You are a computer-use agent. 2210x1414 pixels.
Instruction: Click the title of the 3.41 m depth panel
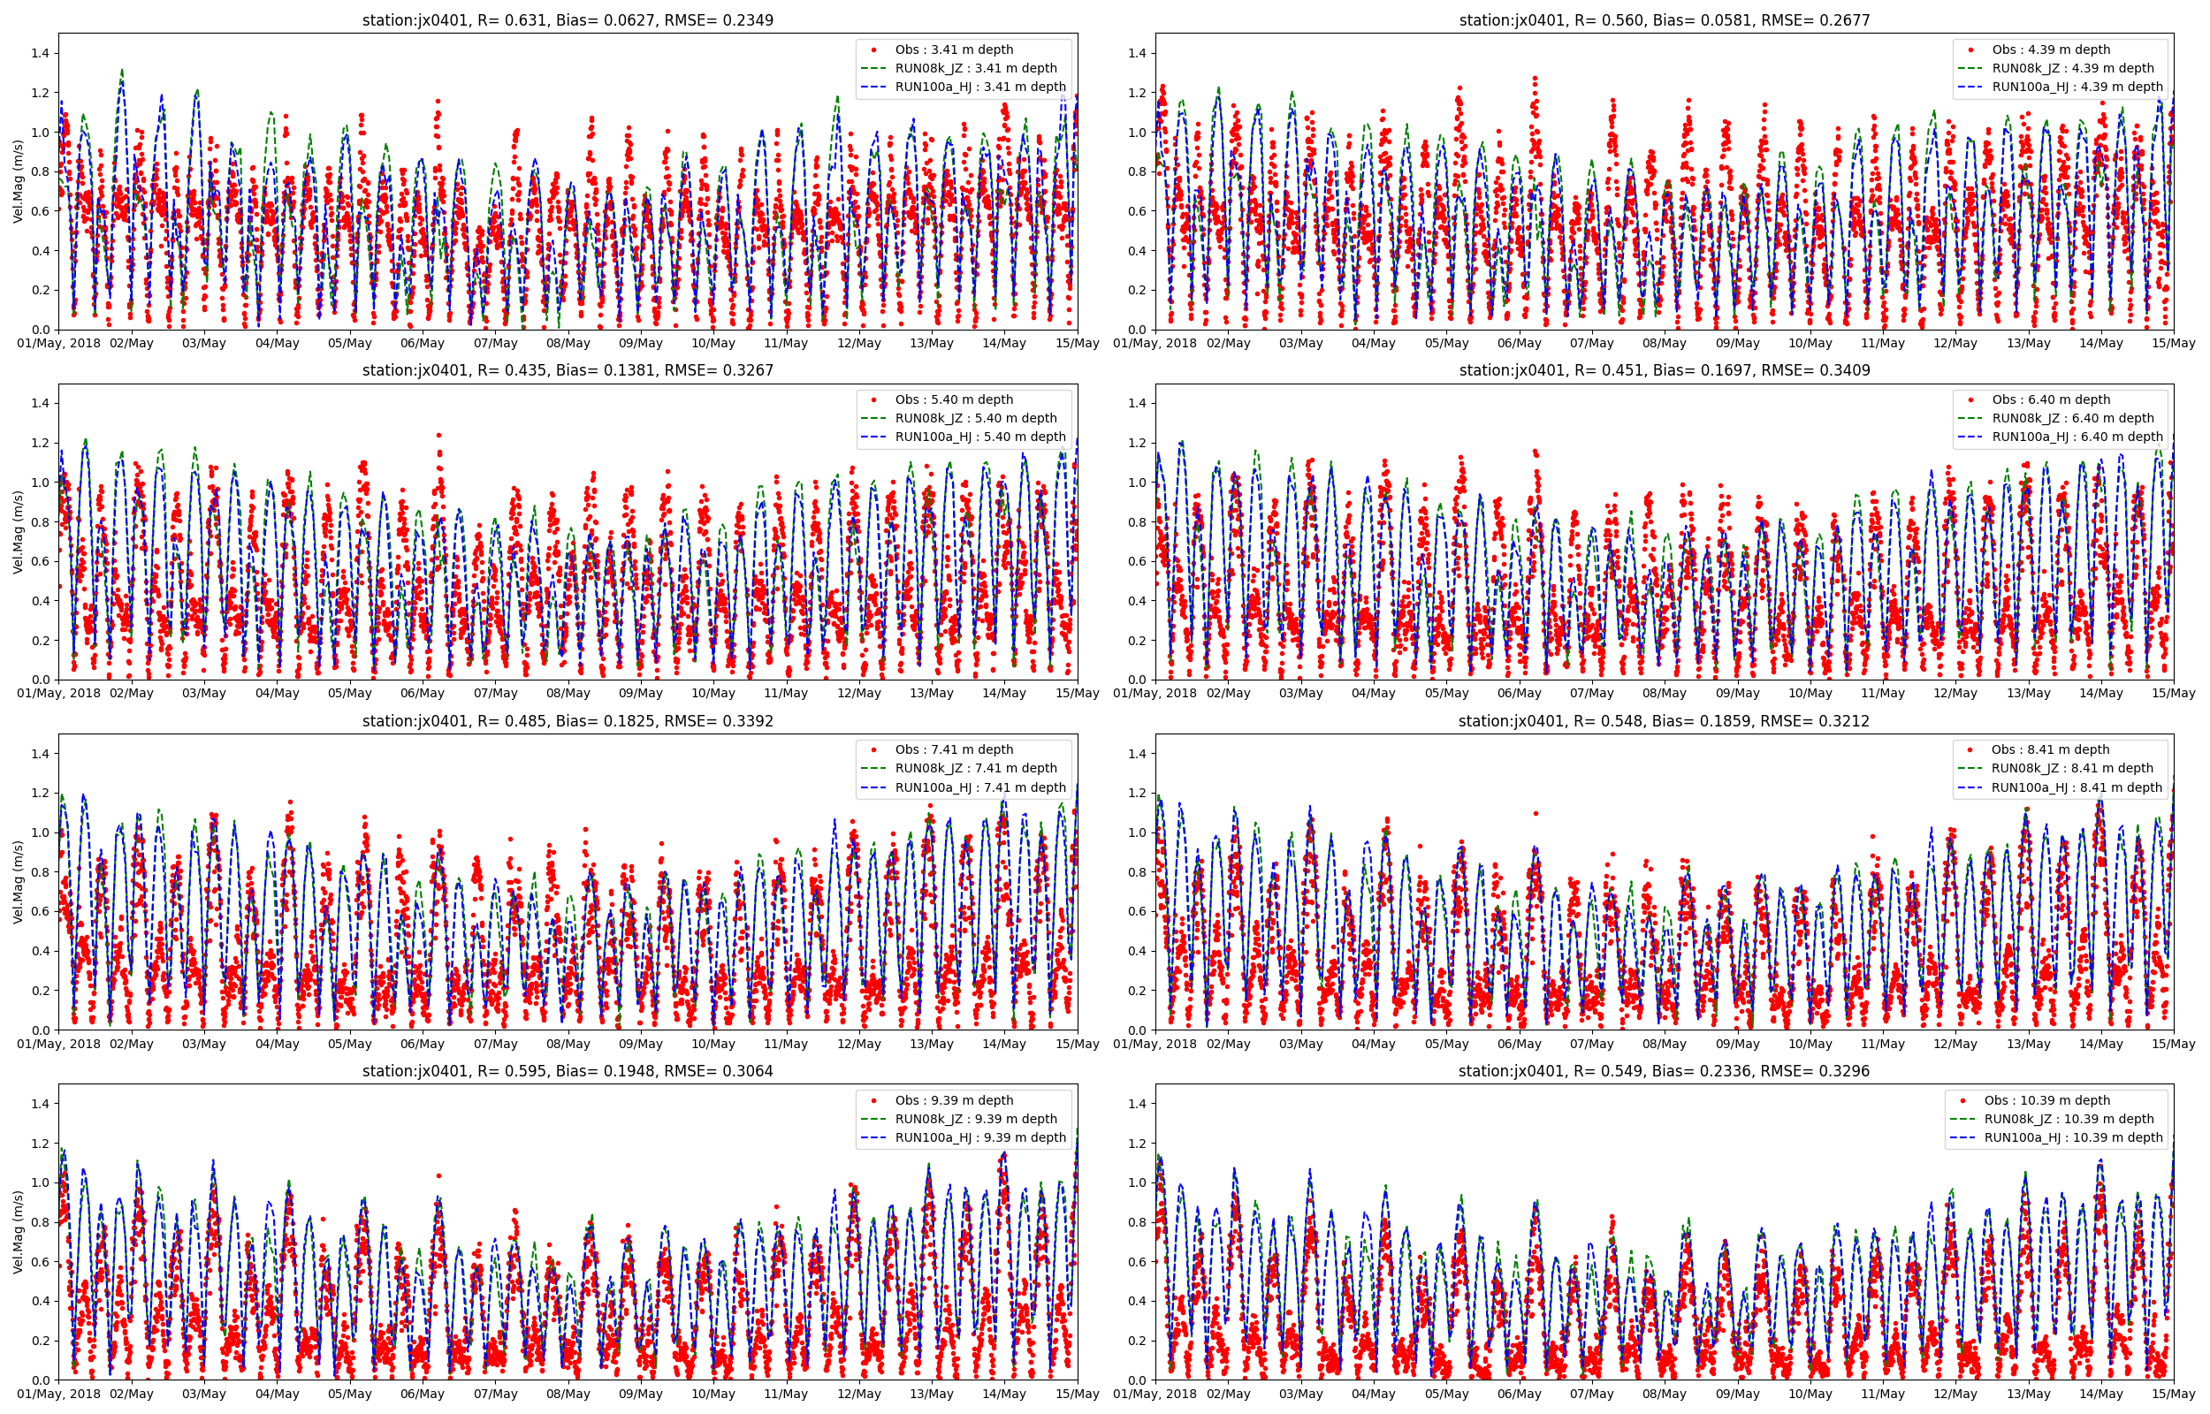coord(568,20)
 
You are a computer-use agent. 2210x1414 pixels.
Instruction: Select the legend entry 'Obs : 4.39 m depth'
coord(2050,49)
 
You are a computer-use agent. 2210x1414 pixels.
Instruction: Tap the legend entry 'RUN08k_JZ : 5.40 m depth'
coord(975,418)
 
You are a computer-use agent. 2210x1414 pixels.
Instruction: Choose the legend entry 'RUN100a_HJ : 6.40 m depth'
coord(2077,437)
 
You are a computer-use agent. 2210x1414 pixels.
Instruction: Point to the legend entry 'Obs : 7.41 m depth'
coord(954,750)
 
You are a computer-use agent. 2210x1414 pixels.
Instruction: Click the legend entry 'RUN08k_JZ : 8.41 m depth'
coord(2071,769)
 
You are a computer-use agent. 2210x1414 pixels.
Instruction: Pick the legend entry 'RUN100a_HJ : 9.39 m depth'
coord(979,1137)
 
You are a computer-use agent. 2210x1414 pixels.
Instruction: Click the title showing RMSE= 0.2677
coord(1664,20)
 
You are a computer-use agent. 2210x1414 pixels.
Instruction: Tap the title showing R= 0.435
coord(568,371)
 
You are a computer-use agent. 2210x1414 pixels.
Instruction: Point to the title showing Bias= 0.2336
coord(1664,1071)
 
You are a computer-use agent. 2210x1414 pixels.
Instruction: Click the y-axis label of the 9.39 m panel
coord(19,1232)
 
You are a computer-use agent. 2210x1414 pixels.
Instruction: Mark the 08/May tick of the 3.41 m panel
coord(568,344)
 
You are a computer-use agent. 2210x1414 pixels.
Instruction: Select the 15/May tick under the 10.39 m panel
coord(2173,1394)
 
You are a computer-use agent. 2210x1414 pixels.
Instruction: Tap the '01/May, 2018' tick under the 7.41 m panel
coord(58,1044)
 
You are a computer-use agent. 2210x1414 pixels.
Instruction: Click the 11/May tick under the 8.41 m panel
coord(1882,1044)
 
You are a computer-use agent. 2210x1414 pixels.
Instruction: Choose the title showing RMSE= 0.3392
coord(568,722)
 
